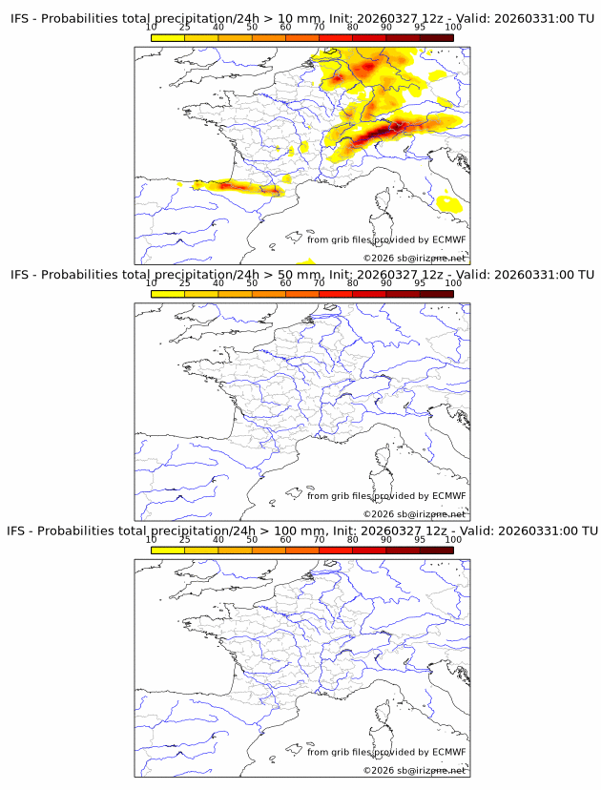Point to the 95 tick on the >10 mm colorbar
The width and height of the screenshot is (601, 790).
[x=420, y=28]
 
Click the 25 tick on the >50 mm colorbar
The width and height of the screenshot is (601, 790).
[x=185, y=283]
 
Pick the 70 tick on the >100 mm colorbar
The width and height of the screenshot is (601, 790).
[x=319, y=539]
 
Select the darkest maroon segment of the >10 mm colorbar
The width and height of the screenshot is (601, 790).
[x=436, y=37]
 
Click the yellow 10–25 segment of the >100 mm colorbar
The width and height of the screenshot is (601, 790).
[x=168, y=550]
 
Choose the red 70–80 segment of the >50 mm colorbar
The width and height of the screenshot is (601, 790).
[x=335, y=294]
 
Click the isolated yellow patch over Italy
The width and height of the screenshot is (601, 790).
[x=446, y=201]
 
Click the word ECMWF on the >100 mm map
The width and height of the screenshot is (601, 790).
[x=448, y=752]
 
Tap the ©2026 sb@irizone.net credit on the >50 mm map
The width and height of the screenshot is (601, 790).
[x=414, y=514]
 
